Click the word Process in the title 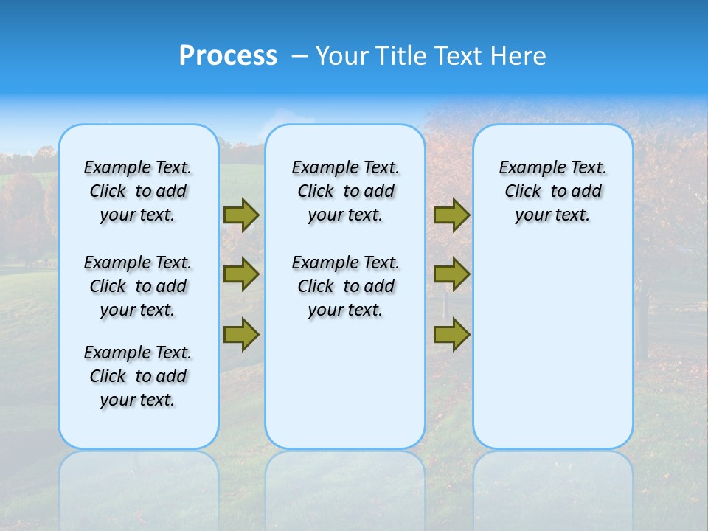pos(228,56)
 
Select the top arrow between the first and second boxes pos(241,215)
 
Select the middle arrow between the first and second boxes pos(241,274)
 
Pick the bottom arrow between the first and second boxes pos(241,334)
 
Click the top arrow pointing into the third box pos(451,215)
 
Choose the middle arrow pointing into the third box pos(451,274)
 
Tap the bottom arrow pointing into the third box pos(451,334)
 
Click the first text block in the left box pos(138,191)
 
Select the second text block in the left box pos(138,286)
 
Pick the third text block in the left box pos(138,376)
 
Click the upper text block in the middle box pos(345,191)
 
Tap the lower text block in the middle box pos(345,286)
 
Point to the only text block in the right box pos(552,191)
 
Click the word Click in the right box pos(523,192)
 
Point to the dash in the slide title pos(299,56)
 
